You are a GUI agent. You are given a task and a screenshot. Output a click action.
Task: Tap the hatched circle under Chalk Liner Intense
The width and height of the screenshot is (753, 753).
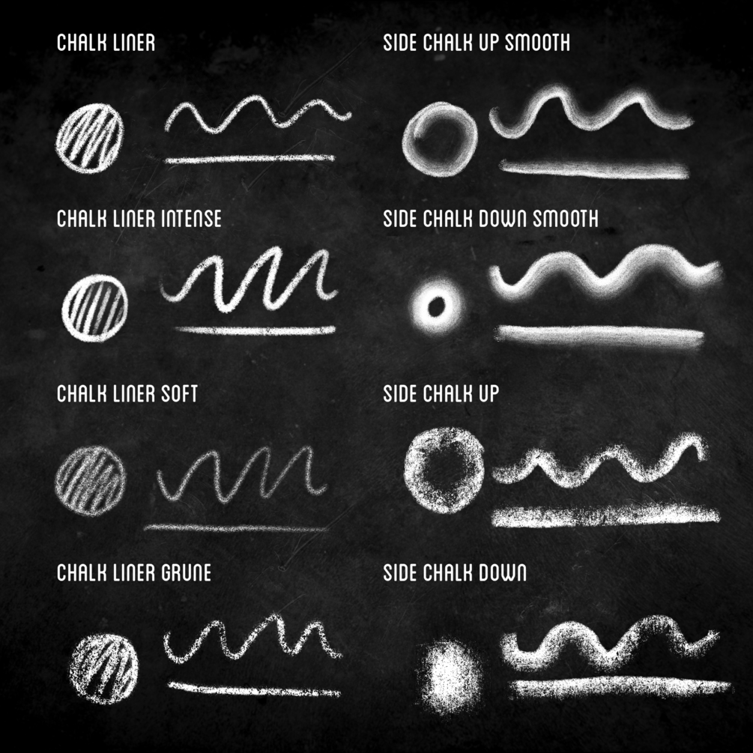(x=95, y=307)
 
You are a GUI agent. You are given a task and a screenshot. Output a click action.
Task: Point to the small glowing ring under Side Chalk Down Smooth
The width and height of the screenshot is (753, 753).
(x=437, y=305)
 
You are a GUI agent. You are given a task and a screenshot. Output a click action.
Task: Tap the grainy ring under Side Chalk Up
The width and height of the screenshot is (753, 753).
(x=444, y=470)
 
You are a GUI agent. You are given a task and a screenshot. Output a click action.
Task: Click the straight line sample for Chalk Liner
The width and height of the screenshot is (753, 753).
(x=250, y=159)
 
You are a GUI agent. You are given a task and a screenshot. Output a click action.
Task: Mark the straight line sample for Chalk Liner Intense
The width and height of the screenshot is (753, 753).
(x=255, y=329)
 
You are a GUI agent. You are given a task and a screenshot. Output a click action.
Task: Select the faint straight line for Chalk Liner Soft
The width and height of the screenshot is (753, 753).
(x=236, y=528)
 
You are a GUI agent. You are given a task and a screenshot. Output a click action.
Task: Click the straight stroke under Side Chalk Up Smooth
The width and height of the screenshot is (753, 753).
(x=593, y=170)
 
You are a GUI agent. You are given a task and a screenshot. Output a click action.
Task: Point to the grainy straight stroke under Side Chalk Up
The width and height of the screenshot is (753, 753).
(x=604, y=515)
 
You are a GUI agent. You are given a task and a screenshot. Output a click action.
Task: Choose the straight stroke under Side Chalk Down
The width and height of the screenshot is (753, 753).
(x=619, y=686)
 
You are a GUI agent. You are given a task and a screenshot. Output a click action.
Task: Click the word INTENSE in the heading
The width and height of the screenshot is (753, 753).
(x=190, y=219)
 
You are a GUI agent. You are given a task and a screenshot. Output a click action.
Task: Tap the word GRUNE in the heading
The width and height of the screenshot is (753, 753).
(x=186, y=572)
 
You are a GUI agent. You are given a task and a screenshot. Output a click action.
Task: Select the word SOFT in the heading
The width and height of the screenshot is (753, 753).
(x=179, y=393)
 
